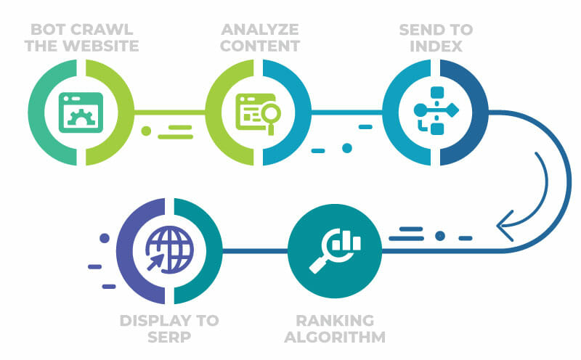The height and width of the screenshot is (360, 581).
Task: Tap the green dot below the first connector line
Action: [146, 132]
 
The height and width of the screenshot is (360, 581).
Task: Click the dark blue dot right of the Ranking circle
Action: [440, 236]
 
